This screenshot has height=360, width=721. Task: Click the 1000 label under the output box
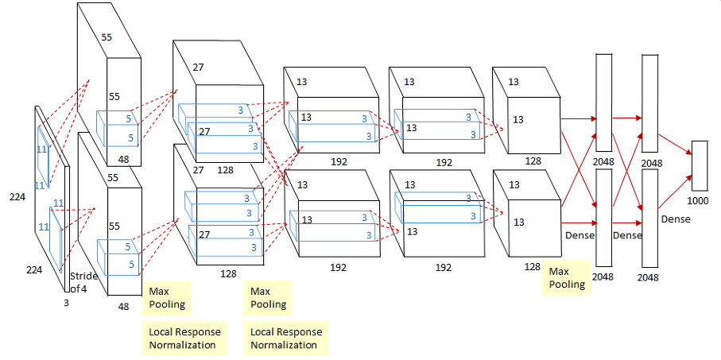(697, 200)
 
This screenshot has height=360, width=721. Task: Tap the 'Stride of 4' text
(83, 281)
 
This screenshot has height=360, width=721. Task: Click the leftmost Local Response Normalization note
(184, 338)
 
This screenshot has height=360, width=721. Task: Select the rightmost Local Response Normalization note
(286, 338)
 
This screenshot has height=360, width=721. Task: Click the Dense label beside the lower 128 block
(580, 235)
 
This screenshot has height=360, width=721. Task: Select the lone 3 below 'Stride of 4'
(67, 303)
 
